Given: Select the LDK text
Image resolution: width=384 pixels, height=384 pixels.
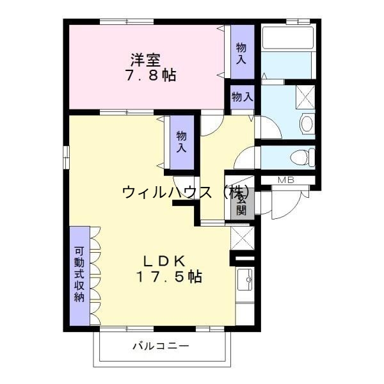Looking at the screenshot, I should [164, 261].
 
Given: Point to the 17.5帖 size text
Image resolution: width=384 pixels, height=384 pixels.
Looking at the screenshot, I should [169, 277].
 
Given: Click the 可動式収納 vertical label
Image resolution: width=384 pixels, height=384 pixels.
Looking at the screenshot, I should [79, 275].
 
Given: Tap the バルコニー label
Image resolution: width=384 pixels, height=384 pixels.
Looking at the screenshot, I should [161, 346].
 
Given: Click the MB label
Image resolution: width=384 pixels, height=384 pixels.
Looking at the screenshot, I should [286, 180].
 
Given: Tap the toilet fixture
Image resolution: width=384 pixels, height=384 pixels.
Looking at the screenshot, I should [301, 156].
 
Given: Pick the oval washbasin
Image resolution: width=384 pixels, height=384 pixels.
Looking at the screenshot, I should [307, 123].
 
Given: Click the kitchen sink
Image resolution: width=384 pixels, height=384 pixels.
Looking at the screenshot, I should [244, 279].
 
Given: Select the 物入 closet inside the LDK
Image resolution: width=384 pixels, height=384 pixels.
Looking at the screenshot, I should [181, 141].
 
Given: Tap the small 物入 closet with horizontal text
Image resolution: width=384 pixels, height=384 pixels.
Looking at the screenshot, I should [242, 97].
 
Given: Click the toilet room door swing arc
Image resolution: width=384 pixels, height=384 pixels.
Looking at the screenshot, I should [244, 157].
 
